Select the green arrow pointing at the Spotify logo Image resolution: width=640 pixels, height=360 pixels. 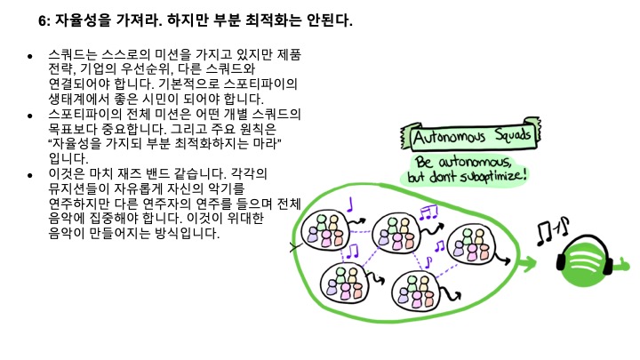(x=528, y=263)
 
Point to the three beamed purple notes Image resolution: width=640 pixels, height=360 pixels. (x=429, y=212)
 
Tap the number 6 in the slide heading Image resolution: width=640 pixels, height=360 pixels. (x=42, y=21)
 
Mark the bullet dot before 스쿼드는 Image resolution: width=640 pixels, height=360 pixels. (x=30, y=56)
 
